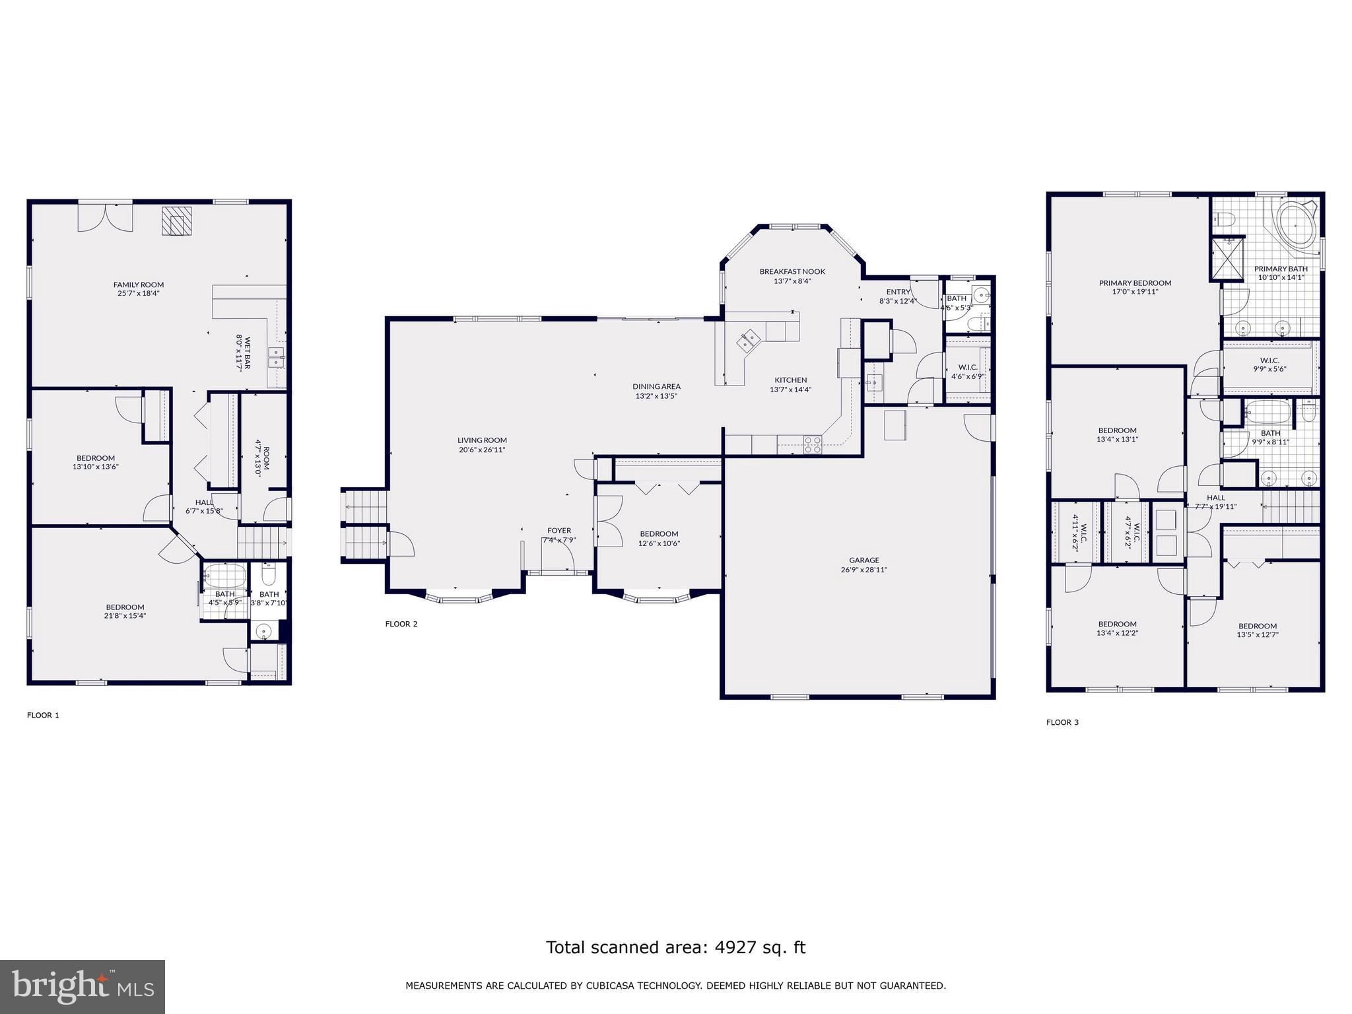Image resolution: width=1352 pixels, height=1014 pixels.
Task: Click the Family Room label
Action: [139, 285]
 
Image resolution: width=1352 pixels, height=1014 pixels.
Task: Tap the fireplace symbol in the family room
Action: [176, 221]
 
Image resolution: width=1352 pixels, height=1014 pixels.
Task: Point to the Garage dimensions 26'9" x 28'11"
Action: [863, 570]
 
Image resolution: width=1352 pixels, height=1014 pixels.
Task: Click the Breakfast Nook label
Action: [792, 271]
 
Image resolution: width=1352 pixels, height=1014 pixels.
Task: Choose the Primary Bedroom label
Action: [1135, 283]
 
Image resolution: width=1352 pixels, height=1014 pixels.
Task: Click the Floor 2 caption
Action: [401, 624]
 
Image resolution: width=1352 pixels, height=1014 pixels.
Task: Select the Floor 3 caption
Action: [1062, 722]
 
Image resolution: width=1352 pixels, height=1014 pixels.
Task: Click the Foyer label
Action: [559, 530]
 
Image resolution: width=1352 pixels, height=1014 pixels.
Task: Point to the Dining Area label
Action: [656, 386]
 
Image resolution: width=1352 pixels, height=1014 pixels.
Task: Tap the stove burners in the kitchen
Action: [813, 445]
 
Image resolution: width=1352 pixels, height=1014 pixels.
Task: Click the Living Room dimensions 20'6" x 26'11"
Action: [482, 450]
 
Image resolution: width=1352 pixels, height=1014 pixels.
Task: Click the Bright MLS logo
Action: [82, 987]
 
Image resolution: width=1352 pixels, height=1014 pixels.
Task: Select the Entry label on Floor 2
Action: [898, 292]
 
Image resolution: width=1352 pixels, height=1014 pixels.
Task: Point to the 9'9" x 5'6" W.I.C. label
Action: [1269, 360]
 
